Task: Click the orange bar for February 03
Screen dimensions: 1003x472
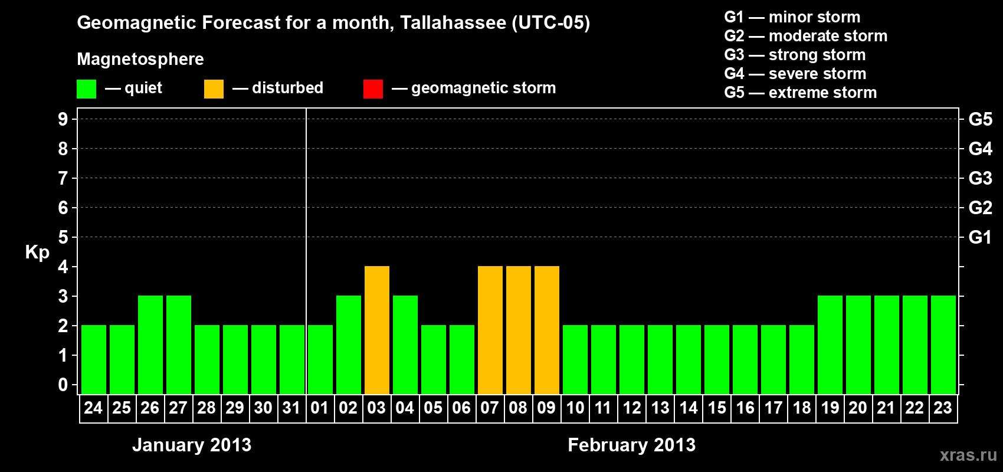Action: (x=376, y=330)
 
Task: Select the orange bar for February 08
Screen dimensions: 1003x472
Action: (x=519, y=330)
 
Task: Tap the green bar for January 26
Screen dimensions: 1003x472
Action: (x=150, y=345)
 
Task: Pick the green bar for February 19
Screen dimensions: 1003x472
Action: (x=830, y=345)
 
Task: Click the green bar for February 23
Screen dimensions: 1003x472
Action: (x=943, y=345)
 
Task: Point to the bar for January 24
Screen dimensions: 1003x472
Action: (x=94, y=359)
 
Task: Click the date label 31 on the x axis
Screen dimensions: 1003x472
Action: (x=291, y=408)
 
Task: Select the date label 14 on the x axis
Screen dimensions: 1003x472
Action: (x=688, y=408)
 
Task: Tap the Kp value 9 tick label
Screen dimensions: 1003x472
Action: (x=63, y=119)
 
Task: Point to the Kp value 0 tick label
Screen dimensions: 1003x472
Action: (x=63, y=385)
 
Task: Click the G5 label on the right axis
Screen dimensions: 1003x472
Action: (x=980, y=119)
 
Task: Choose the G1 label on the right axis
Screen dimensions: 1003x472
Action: (x=980, y=237)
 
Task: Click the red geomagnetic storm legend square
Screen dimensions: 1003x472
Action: (x=373, y=88)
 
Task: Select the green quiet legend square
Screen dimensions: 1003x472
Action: (x=86, y=88)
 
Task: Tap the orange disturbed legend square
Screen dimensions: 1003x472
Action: (x=214, y=88)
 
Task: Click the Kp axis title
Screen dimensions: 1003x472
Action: (x=37, y=252)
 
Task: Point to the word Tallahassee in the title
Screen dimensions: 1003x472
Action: (x=453, y=22)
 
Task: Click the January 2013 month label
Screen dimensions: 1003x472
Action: (x=192, y=445)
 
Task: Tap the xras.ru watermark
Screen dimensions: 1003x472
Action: (x=968, y=455)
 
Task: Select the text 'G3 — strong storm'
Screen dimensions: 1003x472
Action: (x=795, y=55)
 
